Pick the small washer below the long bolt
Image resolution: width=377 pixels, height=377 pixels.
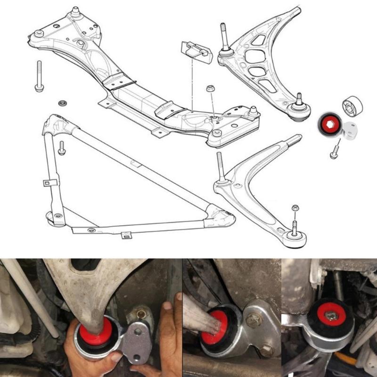(x=61, y=102)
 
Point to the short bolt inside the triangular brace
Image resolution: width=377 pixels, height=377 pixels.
(x=61, y=148)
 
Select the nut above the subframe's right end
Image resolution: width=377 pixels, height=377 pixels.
(x=210, y=89)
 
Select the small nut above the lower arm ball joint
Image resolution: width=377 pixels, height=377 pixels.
(x=295, y=208)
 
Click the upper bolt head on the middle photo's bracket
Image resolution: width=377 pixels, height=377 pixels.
(x=254, y=320)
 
